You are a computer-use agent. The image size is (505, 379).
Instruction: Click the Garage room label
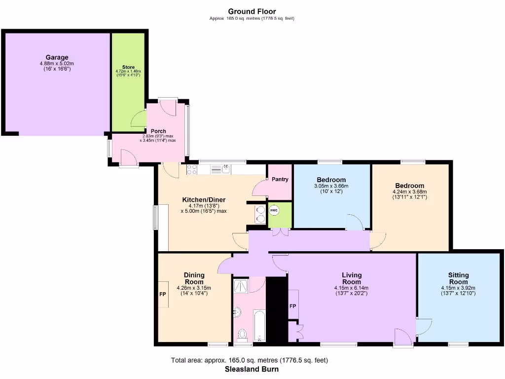57,57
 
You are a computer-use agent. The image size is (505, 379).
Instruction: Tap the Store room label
128,67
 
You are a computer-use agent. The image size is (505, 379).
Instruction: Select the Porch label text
158,131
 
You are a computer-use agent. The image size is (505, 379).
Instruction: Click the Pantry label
280,180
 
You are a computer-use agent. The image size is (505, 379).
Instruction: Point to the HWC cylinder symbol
274,211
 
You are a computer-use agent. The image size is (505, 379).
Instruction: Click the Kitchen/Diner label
204,200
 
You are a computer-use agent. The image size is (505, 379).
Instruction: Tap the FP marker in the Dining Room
162,295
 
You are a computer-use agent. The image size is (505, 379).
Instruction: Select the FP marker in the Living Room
292,306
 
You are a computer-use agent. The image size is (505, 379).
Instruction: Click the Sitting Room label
458,278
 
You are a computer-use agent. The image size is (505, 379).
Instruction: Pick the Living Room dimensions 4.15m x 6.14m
352,288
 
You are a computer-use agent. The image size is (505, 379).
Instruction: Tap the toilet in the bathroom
242,335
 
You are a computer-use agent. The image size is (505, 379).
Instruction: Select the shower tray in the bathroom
242,285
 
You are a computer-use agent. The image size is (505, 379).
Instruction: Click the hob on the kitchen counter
192,170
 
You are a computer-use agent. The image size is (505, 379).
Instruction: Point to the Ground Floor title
252,11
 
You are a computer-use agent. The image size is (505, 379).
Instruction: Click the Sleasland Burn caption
252,369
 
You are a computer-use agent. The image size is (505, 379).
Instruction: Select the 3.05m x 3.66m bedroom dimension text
331,186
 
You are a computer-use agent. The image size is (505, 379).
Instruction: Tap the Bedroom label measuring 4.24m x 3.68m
409,186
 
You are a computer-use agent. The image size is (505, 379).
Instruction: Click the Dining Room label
194,278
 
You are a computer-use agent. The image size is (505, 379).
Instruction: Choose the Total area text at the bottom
249,360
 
